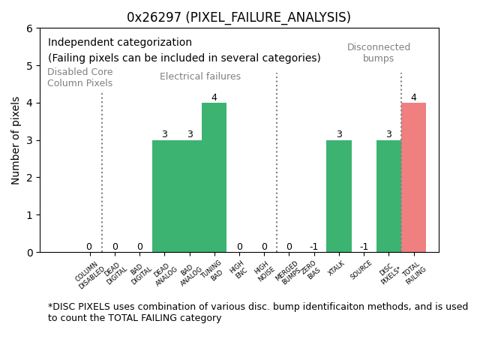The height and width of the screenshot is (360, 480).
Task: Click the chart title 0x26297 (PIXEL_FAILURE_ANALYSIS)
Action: click(238, 17)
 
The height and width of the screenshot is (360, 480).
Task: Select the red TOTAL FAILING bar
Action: click(413, 178)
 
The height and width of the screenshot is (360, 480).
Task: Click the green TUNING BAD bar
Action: click(214, 178)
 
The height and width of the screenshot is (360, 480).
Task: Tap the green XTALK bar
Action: click(338, 196)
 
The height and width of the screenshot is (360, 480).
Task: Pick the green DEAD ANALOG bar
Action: click(164, 196)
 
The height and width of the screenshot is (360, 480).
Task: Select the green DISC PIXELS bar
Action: click(388, 196)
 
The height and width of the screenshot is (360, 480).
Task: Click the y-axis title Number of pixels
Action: click(16, 140)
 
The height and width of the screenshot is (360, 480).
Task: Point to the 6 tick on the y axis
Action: click(29, 28)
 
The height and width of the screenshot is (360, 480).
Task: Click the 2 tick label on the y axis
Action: click(29, 178)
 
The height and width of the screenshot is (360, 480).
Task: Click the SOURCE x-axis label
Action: click(361, 269)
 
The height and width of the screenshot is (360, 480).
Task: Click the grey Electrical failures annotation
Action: click(200, 76)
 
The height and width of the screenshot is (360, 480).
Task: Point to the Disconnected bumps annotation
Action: click(379, 52)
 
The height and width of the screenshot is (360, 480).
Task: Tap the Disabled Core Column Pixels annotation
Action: click(80, 77)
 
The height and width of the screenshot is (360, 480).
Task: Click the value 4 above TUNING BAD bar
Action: click(214, 97)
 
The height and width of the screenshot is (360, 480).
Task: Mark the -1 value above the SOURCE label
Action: click(364, 247)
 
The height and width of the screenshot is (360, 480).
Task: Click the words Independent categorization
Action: click(120, 43)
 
